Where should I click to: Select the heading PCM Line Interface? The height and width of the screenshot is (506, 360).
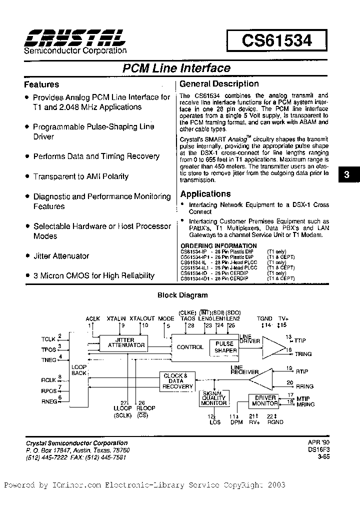click(176, 68)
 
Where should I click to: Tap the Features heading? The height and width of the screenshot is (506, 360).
click(41, 84)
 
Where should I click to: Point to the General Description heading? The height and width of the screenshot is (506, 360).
click(219, 84)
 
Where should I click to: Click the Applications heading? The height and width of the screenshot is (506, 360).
click(205, 194)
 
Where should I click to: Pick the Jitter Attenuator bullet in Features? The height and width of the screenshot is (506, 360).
click(61, 256)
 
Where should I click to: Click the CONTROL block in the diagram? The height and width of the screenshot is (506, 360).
click(190, 347)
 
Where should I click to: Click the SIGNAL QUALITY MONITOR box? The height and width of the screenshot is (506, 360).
click(213, 398)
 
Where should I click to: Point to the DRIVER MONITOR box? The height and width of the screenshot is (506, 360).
click(264, 400)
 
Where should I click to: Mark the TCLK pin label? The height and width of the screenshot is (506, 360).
click(49, 339)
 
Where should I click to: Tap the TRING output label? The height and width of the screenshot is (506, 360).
click(303, 354)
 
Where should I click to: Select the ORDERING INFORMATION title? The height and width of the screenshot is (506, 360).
click(218, 245)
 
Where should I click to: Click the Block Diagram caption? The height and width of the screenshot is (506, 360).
click(182, 295)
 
